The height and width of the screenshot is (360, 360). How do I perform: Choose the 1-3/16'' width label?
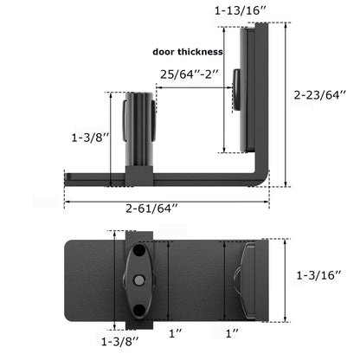(x=319, y=274)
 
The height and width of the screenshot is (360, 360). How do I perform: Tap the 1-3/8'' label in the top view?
(x=118, y=341)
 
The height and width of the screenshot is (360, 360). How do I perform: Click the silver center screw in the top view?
(x=138, y=279)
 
